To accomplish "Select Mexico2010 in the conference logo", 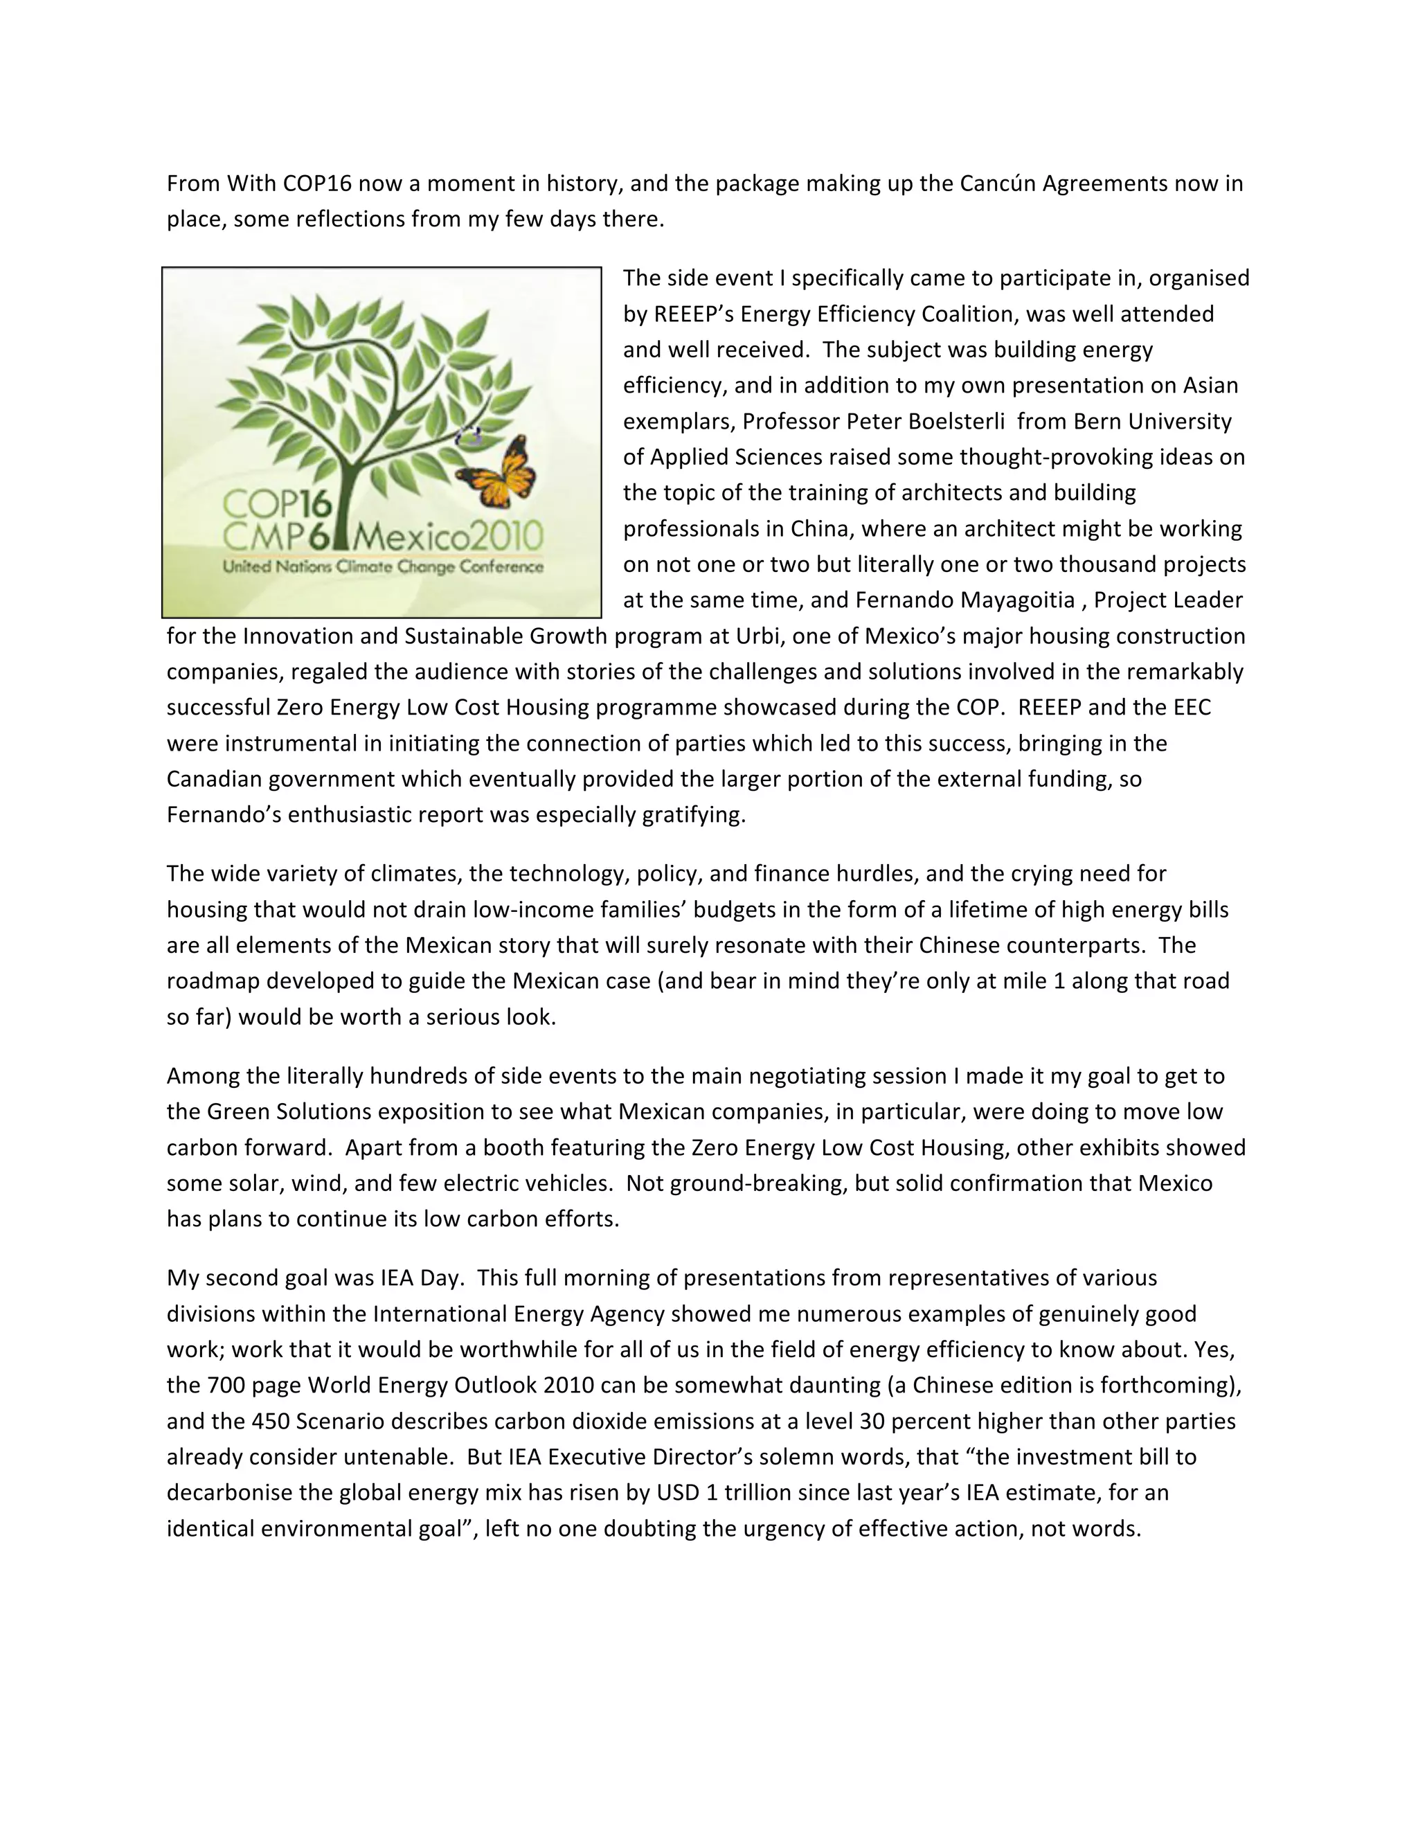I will (451, 535).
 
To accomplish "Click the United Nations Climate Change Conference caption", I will (383, 567).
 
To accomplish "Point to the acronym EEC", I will (1190, 708).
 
